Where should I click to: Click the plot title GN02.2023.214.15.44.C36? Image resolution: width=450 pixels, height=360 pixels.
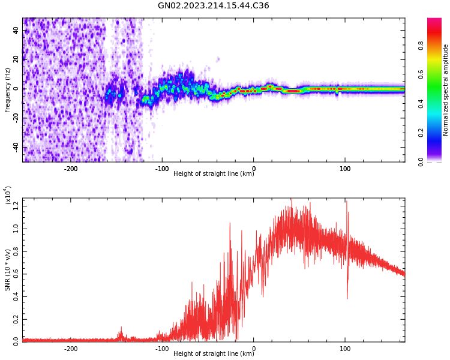213,6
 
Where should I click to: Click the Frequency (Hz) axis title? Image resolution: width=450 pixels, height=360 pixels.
8,90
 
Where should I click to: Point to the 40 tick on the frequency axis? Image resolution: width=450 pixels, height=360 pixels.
17,30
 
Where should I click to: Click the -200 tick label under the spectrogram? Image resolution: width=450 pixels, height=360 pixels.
71,169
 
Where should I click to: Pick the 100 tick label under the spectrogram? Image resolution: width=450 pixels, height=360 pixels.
345,169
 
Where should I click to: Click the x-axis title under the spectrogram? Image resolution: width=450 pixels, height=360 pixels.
213,174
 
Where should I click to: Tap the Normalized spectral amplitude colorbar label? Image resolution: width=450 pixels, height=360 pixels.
446,90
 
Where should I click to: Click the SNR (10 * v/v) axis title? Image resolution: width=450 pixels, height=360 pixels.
8,264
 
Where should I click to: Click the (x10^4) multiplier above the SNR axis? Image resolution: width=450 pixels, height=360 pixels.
8,195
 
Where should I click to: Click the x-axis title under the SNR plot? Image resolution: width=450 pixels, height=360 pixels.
213,354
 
